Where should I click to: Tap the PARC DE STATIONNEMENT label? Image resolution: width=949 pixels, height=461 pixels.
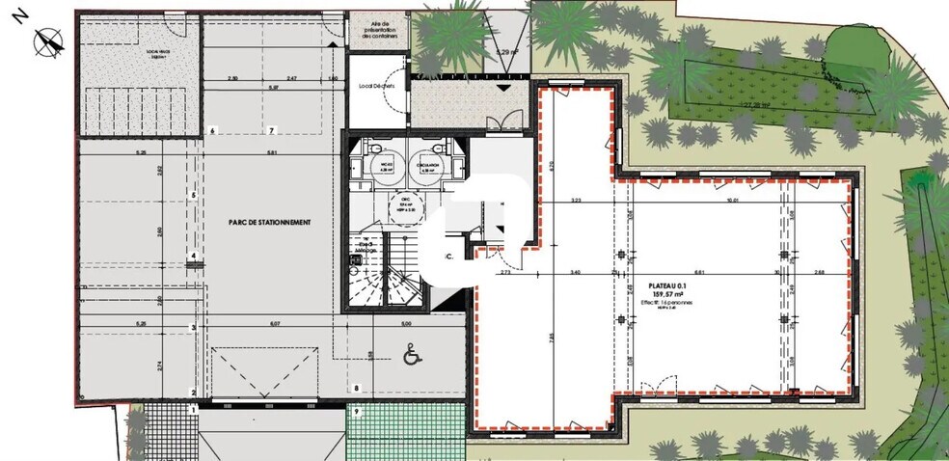270,222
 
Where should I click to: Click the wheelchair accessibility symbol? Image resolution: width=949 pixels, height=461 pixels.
409,356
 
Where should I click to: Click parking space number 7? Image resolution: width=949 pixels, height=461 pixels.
272,130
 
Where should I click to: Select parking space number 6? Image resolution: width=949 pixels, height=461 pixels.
212,130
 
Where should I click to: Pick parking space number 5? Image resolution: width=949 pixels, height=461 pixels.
194,195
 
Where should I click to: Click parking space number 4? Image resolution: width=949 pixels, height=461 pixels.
194,256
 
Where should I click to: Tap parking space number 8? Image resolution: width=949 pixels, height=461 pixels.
356,389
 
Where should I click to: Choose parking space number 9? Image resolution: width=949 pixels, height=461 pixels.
356,412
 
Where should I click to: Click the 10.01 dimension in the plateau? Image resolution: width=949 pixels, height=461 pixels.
733,201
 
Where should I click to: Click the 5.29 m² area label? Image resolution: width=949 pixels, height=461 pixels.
505,51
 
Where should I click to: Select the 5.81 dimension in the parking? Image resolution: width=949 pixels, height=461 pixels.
271,153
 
